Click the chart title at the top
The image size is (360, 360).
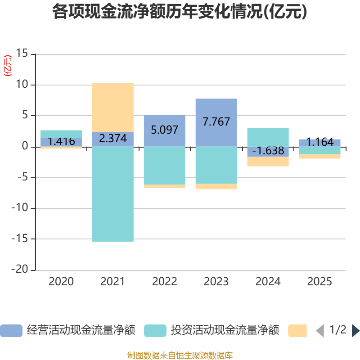180,12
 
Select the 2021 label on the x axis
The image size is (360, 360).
112,282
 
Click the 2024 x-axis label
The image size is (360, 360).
268,282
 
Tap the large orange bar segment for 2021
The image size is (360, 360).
112,107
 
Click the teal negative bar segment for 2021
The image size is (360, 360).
112,194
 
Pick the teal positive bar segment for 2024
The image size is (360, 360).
268,137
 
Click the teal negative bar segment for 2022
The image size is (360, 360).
164,165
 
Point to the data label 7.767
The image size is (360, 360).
216,122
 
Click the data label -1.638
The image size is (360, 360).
268,151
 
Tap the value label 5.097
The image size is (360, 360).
164,130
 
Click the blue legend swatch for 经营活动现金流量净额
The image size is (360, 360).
11,331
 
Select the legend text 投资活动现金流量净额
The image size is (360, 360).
225,331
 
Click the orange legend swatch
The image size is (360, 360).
297,331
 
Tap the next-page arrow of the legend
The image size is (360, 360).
355,331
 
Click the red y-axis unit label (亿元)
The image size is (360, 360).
8,66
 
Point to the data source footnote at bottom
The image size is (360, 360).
180,355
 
